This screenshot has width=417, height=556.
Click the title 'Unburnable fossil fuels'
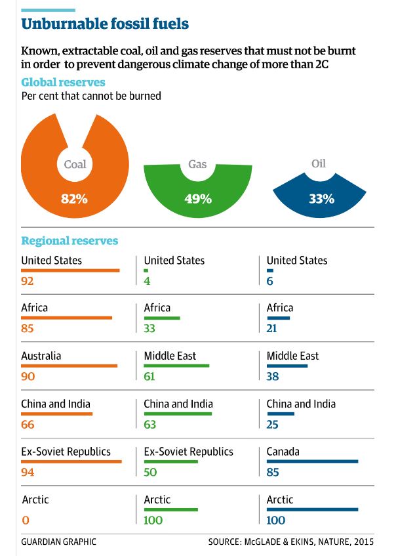(x=105, y=24)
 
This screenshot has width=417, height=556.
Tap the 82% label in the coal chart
(x=74, y=198)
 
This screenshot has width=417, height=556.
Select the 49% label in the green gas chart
(x=198, y=198)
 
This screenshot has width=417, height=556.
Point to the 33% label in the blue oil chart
(x=321, y=198)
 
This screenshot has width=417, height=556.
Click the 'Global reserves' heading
(x=63, y=83)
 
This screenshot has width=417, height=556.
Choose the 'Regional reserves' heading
(x=69, y=241)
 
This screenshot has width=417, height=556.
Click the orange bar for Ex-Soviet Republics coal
(x=71, y=462)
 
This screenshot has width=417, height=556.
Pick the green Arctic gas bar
(x=170, y=509)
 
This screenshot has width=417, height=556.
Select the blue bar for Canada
(x=312, y=462)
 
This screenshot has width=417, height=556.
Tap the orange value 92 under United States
(x=28, y=282)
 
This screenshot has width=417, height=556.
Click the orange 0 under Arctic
(x=25, y=521)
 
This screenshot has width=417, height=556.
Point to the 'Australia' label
(x=41, y=356)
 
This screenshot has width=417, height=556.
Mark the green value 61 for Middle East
(x=150, y=377)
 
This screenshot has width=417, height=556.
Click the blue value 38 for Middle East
(x=273, y=377)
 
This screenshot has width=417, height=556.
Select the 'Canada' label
(x=284, y=452)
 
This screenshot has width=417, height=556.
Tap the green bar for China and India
(x=178, y=414)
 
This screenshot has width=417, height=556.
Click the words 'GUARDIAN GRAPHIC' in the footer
(x=58, y=542)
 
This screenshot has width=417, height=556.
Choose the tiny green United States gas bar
(x=146, y=270)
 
